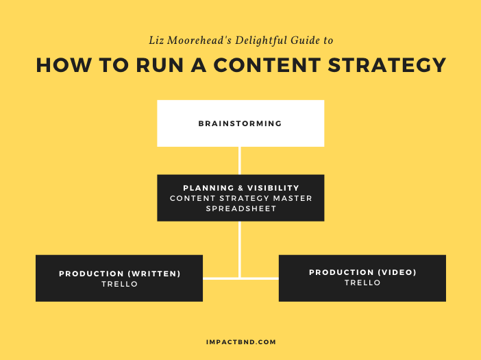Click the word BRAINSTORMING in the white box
(x=240, y=123)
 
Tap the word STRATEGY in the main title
(x=387, y=64)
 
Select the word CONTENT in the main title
(x=267, y=64)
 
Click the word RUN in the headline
(x=160, y=64)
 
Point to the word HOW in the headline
(x=64, y=64)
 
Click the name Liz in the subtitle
(x=156, y=40)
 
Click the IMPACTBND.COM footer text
(x=241, y=342)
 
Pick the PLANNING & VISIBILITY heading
(x=241, y=188)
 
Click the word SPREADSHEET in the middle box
(x=241, y=208)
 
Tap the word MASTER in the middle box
(x=293, y=198)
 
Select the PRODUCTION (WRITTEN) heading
(x=120, y=274)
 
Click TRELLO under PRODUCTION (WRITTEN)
(x=120, y=284)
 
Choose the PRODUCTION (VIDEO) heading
(x=362, y=272)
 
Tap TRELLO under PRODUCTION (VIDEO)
(x=362, y=283)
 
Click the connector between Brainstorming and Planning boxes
(x=240, y=160)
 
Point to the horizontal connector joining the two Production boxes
(x=241, y=278)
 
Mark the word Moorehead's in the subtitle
(x=199, y=40)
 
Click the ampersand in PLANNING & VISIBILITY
(x=241, y=188)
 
